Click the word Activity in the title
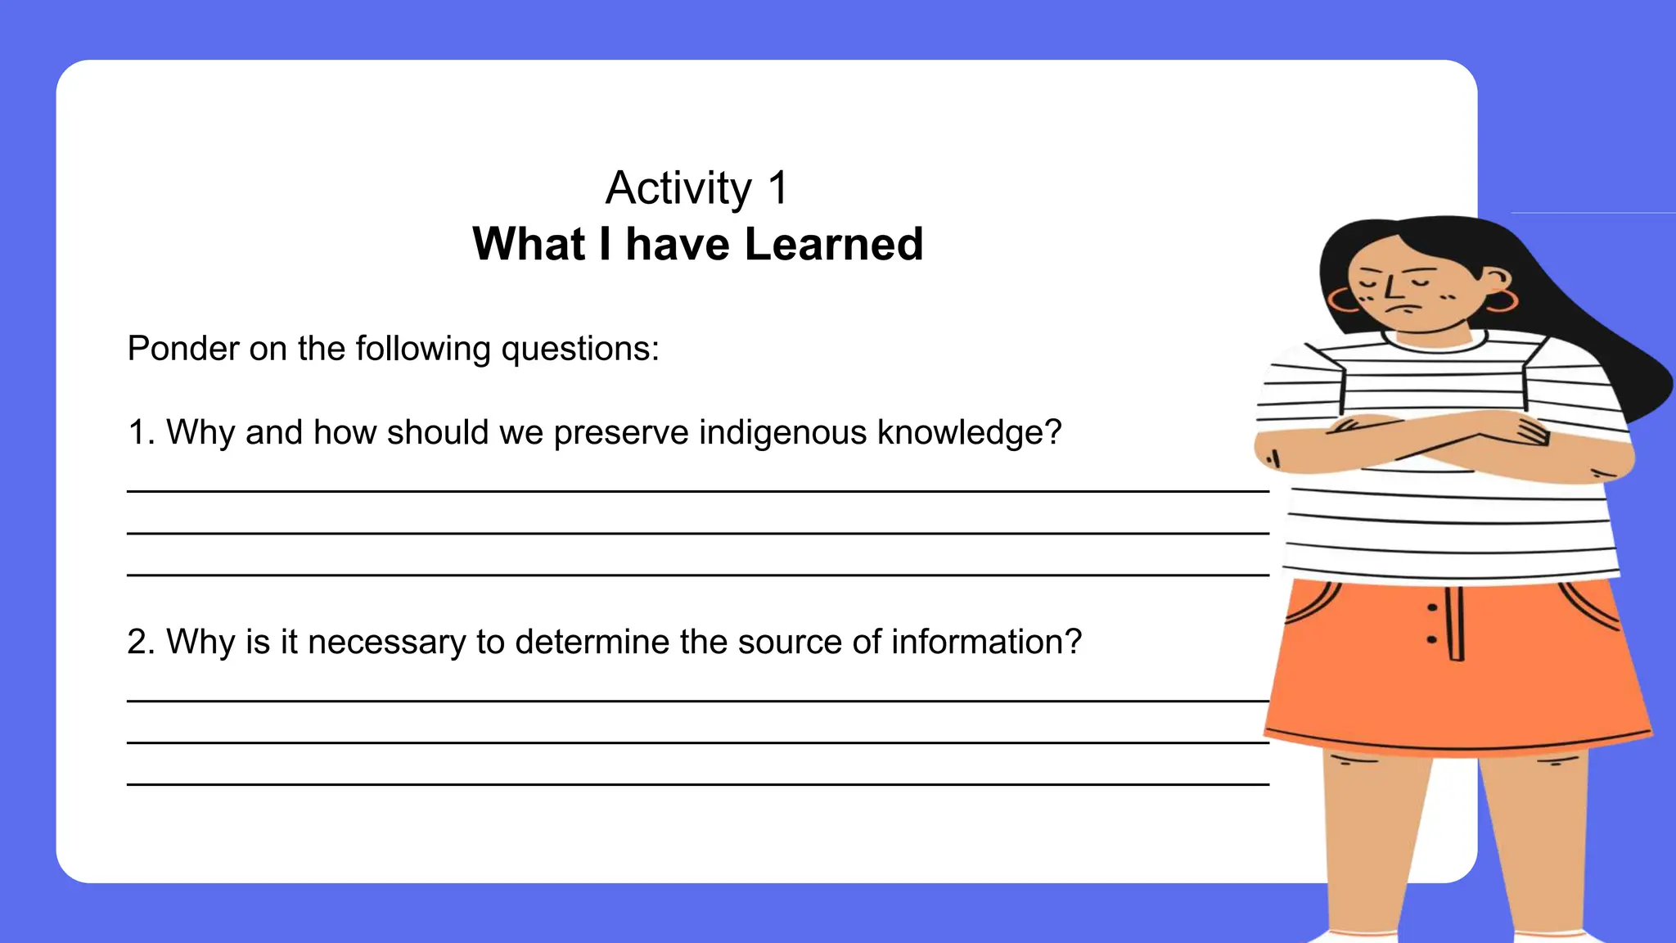click(x=678, y=189)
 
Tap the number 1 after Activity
click(x=777, y=187)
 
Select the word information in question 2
click(x=986, y=642)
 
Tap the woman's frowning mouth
click(x=1405, y=309)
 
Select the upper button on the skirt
click(x=1432, y=607)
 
